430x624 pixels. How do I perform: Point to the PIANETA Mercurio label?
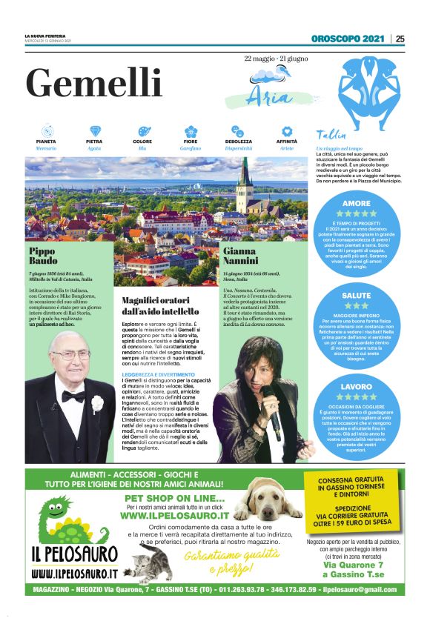pos(46,144)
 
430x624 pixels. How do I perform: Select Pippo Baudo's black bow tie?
pos(73,396)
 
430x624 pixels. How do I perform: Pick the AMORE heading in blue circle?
pos(357,203)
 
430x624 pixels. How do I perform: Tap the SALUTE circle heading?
pos(357,295)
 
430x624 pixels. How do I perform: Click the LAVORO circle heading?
pos(357,387)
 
